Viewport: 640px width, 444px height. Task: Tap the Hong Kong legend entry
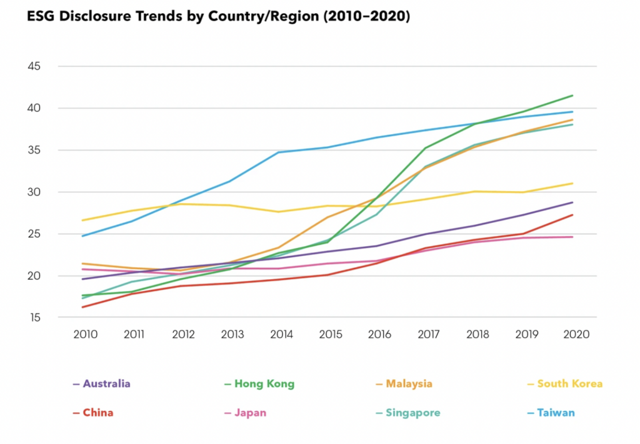click(x=263, y=383)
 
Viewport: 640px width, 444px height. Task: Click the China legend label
click(x=97, y=413)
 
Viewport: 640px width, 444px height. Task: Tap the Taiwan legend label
click(x=555, y=413)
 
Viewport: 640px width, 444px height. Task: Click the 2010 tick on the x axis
click(x=85, y=335)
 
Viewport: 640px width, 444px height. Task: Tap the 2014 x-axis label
click(x=281, y=335)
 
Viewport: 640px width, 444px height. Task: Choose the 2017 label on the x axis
click(x=429, y=335)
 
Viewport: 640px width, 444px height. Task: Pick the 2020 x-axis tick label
click(x=576, y=335)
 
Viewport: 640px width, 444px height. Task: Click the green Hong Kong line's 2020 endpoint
click(x=572, y=96)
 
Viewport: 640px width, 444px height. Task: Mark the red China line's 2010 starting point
click(x=82, y=307)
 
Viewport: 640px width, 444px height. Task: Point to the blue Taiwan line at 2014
click(x=279, y=152)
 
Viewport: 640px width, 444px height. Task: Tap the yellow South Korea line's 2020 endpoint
click(x=572, y=184)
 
